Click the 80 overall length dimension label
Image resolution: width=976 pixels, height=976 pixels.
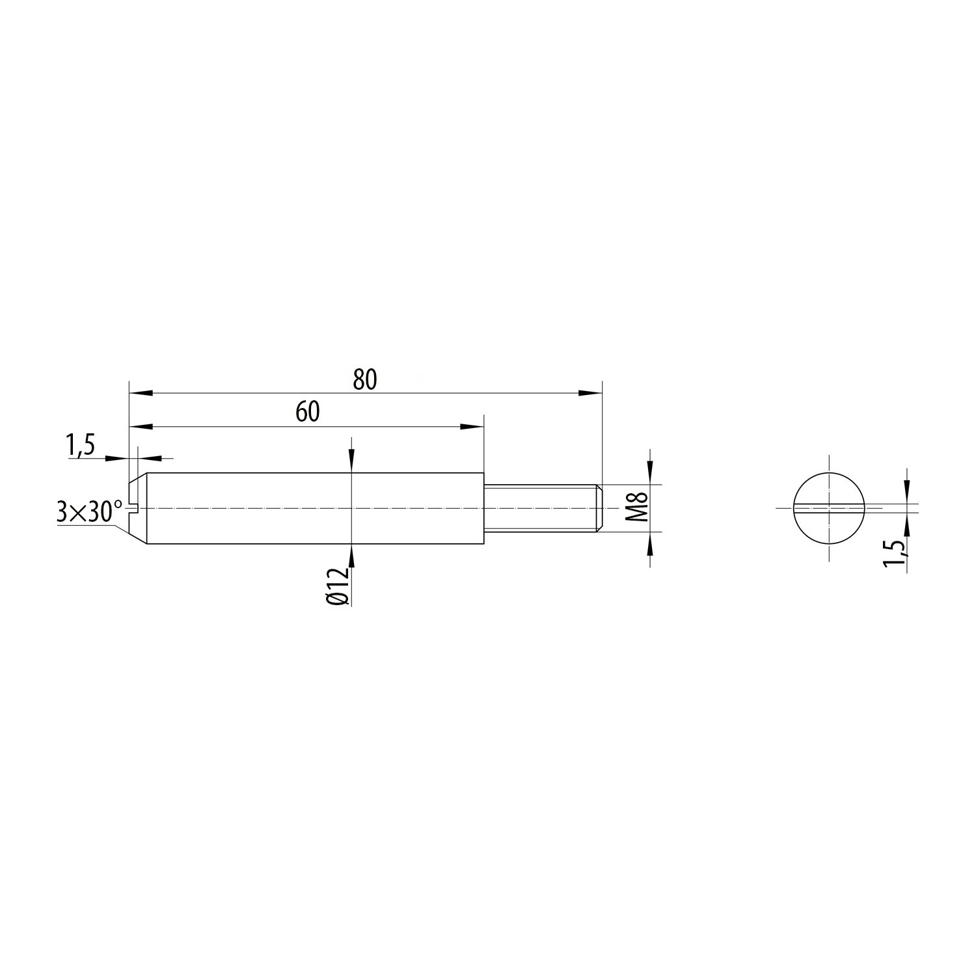point(365,380)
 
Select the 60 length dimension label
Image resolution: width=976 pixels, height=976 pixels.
point(308,413)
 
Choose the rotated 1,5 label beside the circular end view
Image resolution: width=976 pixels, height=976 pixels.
point(896,554)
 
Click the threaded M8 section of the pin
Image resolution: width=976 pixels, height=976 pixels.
point(544,508)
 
